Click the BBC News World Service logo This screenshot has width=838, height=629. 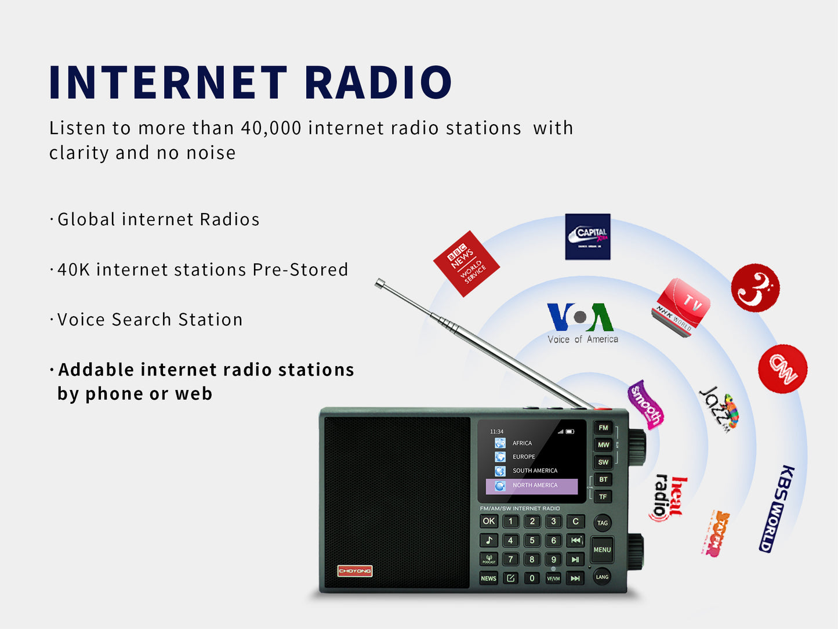(466, 264)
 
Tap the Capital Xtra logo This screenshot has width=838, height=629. (587, 237)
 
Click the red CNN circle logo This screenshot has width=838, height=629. (782, 369)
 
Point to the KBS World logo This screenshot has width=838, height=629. (777, 508)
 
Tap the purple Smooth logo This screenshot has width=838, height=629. (645, 405)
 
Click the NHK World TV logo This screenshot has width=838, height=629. (681, 307)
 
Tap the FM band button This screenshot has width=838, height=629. (603, 428)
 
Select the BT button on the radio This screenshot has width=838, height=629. (603, 480)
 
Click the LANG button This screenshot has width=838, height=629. (602, 577)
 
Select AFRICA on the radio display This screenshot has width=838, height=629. (521, 443)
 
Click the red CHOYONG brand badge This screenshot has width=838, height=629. (355, 571)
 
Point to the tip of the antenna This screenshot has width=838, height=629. (380, 283)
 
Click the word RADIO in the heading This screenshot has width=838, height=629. (378, 82)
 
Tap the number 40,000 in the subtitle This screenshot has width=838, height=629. (271, 128)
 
